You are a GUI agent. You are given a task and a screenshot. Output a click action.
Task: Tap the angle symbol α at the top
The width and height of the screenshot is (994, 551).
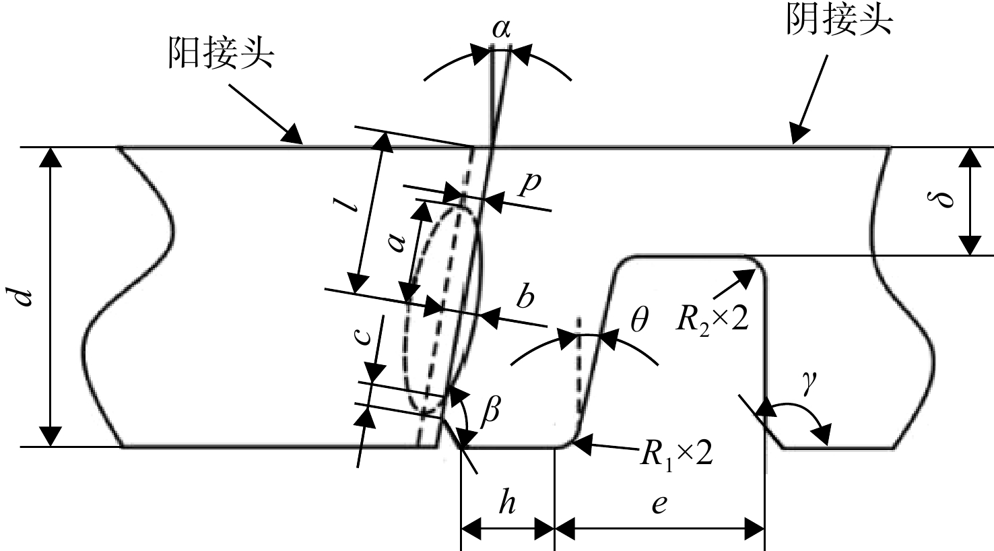tap(502, 30)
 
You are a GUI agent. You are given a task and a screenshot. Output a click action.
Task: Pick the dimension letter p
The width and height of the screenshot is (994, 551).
tap(531, 185)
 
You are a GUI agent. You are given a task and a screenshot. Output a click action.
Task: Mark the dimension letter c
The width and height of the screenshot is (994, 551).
tap(363, 336)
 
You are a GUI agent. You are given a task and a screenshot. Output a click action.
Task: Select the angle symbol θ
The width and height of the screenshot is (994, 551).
tap(639, 321)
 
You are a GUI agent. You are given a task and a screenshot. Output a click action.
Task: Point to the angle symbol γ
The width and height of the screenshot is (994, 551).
tap(808, 383)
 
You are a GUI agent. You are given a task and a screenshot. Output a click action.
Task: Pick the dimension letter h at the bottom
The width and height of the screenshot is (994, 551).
tap(506, 503)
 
